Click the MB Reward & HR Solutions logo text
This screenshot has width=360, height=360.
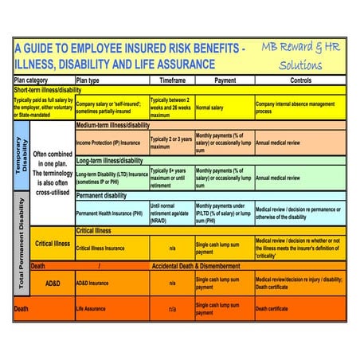coord(301,56)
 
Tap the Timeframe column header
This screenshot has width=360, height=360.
coord(172,80)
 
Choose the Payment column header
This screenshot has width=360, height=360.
coord(225,80)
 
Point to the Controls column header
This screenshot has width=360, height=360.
coord(300,80)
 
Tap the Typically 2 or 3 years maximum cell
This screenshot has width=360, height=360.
coord(171,143)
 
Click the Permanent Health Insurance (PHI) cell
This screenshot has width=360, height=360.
coord(112,213)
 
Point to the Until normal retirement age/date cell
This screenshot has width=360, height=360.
coord(171,213)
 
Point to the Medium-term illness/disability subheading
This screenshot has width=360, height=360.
coord(112,126)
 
